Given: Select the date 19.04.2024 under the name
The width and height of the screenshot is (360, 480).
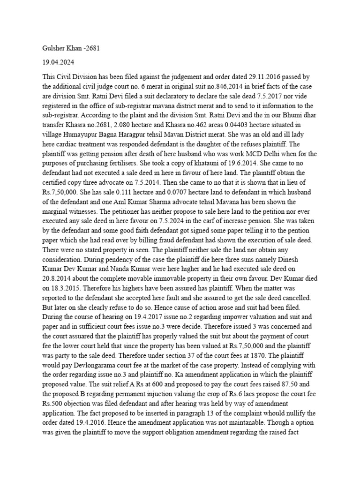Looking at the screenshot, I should tap(51, 62).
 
